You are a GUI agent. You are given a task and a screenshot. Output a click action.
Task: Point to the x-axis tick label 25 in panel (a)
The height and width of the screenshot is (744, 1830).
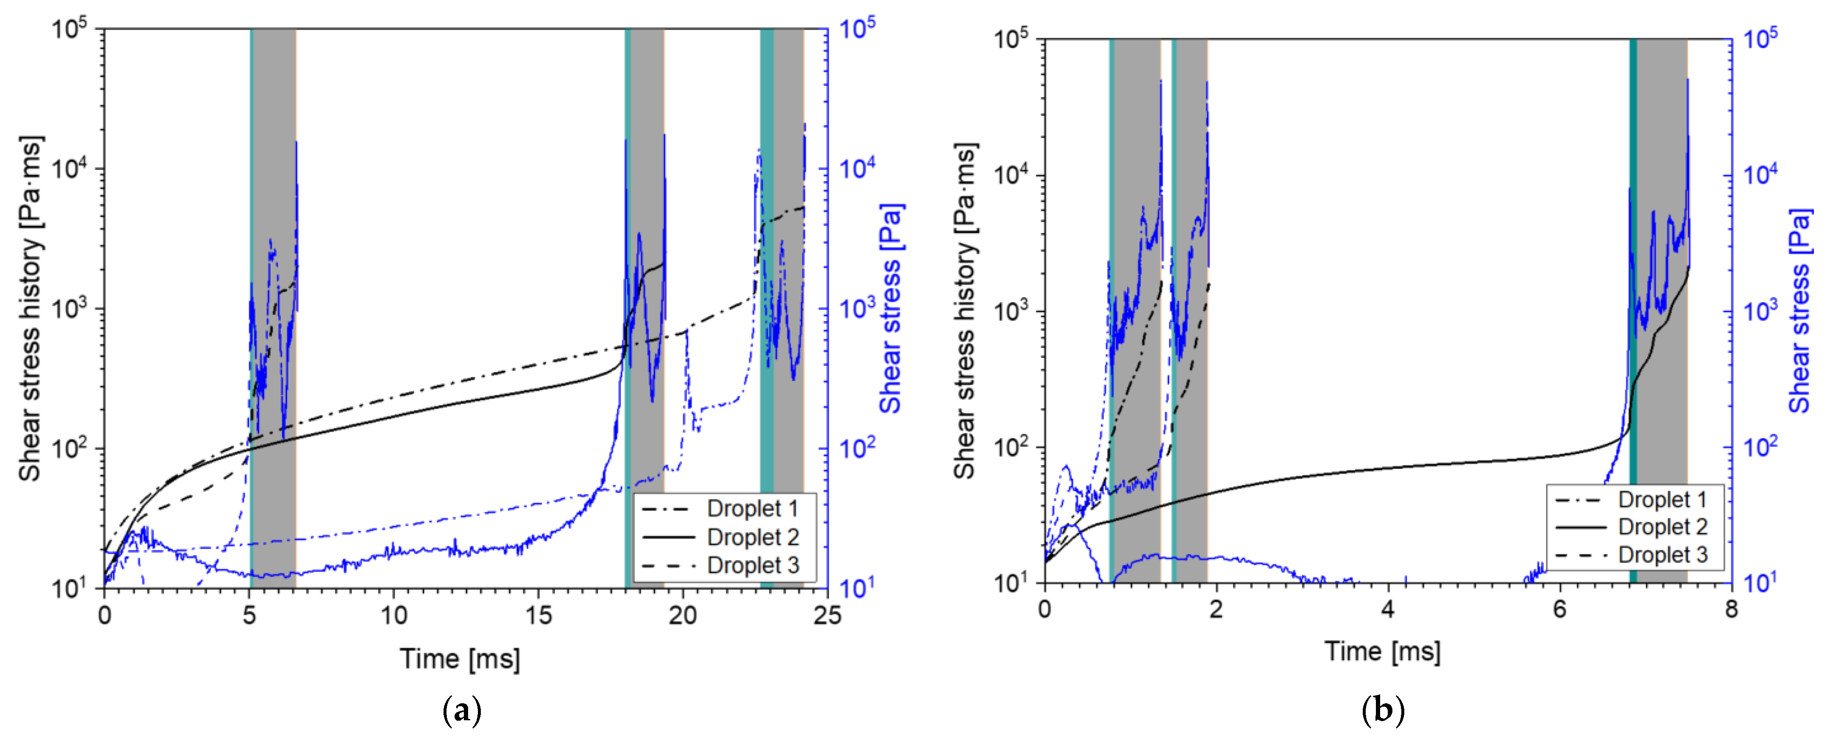click(x=827, y=616)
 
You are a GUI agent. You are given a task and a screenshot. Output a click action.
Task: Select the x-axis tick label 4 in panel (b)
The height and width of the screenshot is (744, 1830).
click(x=1387, y=610)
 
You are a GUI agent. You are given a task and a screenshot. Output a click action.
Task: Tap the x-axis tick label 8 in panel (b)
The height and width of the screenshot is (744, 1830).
click(x=1731, y=610)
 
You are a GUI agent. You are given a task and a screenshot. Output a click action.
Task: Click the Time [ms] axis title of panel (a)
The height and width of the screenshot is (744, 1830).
click(x=460, y=659)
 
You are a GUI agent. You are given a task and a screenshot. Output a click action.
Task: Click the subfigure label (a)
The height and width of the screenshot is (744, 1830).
click(x=462, y=710)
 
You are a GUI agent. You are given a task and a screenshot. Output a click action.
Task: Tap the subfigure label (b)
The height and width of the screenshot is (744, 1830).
click(x=1382, y=710)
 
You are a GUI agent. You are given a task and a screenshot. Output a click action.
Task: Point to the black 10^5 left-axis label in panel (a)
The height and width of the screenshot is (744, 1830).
click(x=70, y=30)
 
